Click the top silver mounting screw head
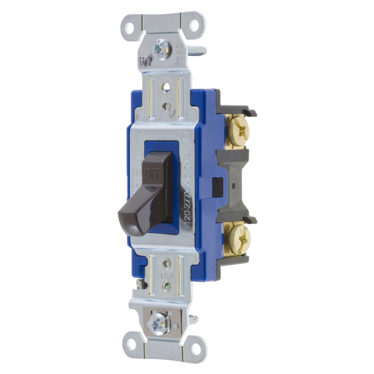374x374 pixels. tap(161, 49)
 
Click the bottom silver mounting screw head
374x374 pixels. tap(159, 324)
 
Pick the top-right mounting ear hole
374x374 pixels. tap(194, 26)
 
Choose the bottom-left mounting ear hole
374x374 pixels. tap(131, 344)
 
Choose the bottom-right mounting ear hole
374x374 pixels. tap(196, 349)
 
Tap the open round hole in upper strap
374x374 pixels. tap(166, 87)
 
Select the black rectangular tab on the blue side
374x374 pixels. tap(218, 186)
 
